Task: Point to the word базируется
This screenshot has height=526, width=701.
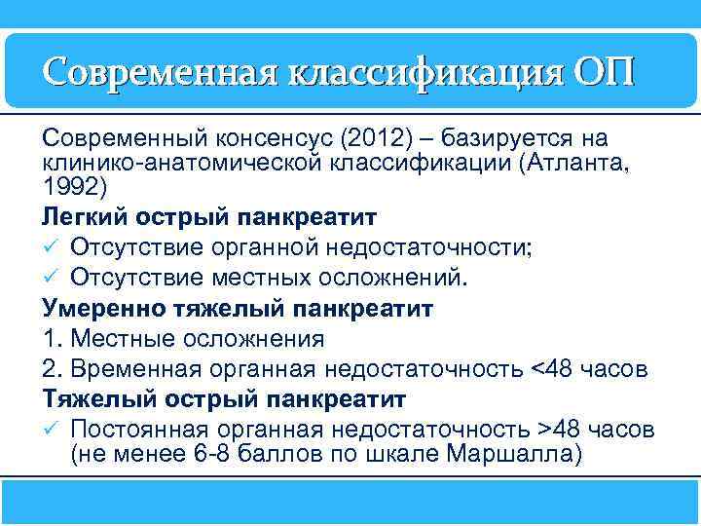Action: (x=507, y=137)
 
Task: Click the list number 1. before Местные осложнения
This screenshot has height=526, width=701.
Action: (x=51, y=339)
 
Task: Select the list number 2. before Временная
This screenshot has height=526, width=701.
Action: (x=51, y=370)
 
